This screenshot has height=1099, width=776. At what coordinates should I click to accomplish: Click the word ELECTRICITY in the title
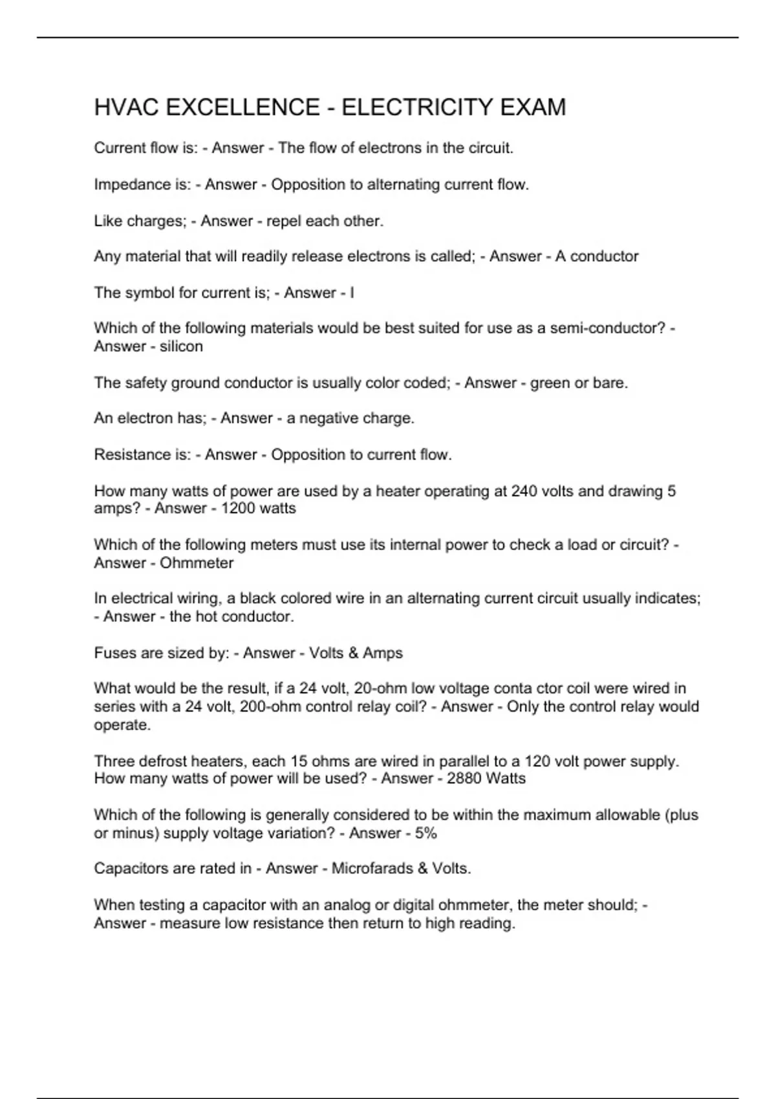pos(413,107)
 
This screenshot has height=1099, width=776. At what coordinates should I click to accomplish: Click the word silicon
pos(181,347)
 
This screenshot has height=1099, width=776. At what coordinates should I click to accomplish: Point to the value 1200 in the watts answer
pos(237,509)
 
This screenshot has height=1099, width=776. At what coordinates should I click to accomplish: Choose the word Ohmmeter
pos(197,563)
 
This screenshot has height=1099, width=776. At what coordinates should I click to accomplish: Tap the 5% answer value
pos(426,833)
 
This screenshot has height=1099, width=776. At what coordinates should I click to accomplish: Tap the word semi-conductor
pos(607,328)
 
